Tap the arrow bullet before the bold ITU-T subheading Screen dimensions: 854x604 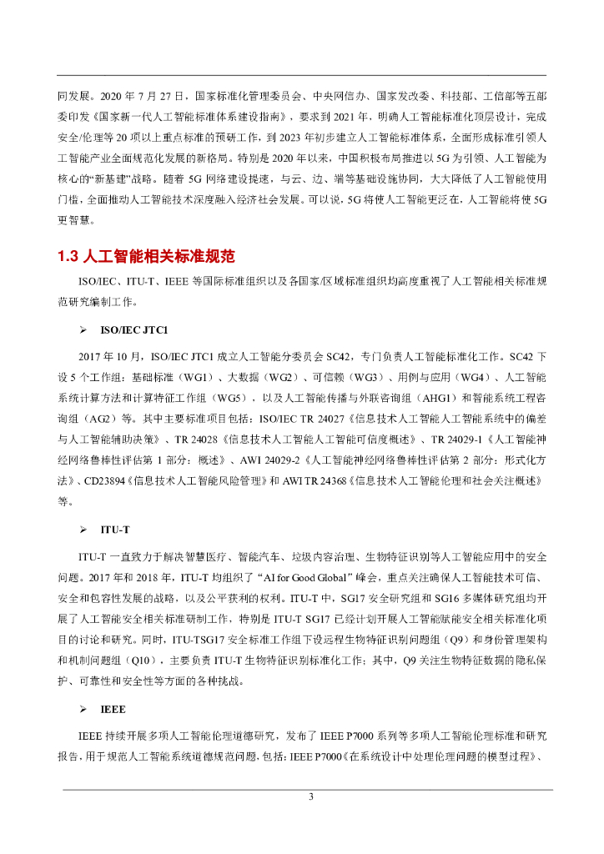tap(83, 530)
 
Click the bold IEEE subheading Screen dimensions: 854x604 tap(113, 709)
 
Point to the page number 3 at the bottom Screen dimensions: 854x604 tap(310, 797)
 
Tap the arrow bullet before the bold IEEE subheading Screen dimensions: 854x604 tap(83, 709)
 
